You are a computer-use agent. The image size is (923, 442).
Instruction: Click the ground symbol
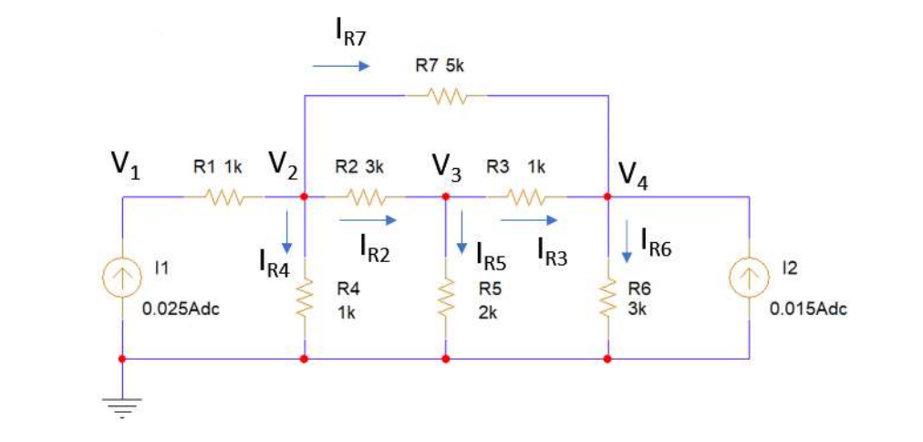click(x=121, y=402)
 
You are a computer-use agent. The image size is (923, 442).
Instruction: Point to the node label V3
click(x=446, y=166)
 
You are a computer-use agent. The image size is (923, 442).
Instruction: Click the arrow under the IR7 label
click(x=339, y=66)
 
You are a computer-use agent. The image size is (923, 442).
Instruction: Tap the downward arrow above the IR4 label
click(x=287, y=233)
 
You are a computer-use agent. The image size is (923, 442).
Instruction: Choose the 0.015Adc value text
click(x=808, y=309)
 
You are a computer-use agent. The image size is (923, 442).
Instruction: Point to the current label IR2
click(x=374, y=247)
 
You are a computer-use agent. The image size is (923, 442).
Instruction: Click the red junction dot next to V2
click(x=305, y=196)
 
